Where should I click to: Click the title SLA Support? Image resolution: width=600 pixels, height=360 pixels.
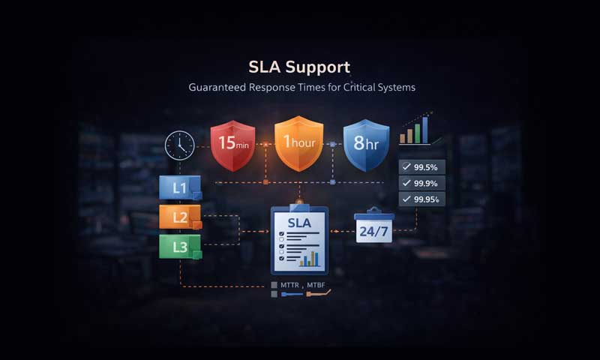299,67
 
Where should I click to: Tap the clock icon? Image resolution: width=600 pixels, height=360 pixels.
180,144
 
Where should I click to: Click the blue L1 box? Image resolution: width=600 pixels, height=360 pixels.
181,187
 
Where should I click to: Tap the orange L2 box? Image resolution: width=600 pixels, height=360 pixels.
181,217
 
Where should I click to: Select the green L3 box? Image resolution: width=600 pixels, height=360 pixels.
181,246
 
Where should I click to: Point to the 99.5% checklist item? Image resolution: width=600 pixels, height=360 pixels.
422,166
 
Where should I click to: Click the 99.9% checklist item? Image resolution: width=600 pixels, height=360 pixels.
422,183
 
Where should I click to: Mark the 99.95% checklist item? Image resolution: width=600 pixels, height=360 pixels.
422,199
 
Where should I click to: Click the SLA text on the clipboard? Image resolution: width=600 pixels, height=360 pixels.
298,223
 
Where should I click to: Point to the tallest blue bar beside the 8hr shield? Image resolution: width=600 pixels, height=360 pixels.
425,128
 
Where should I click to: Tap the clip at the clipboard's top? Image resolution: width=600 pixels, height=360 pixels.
298,202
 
